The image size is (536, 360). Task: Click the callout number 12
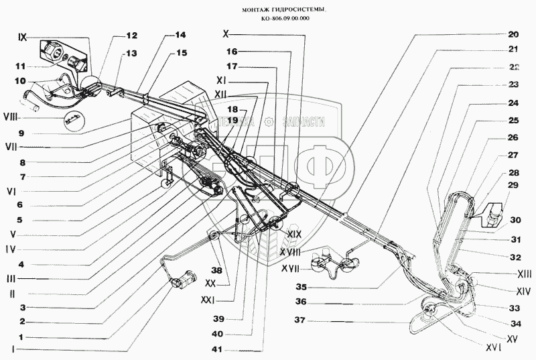[x=131, y=35]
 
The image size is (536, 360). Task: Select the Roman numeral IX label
[x=23, y=38]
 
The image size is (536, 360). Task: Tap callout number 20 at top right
[x=513, y=34]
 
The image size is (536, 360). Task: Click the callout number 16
[x=231, y=50]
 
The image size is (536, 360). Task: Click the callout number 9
[x=22, y=132]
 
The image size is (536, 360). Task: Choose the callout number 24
[x=513, y=104]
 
